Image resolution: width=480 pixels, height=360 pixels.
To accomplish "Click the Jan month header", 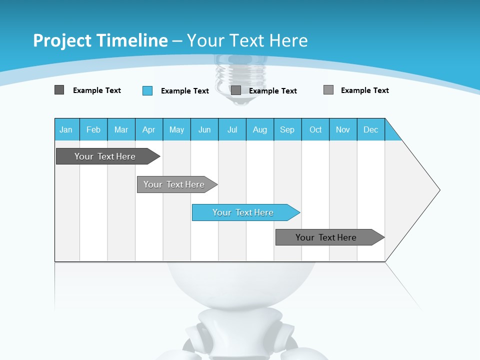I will pyautogui.click(x=66, y=129).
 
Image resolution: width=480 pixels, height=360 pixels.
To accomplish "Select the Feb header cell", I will pyautogui.click(x=93, y=129).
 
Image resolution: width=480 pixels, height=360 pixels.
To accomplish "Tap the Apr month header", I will pyautogui.click(x=149, y=129).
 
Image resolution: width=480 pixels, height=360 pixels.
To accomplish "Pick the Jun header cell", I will pyautogui.click(x=204, y=129).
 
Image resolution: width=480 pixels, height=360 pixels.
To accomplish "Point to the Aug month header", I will pyautogui.click(x=260, y=129).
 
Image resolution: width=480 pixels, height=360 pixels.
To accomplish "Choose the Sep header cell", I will pyautogui.click(x=287, y=129).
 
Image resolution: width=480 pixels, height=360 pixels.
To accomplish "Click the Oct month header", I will pyautogui.click(x=315, y=129).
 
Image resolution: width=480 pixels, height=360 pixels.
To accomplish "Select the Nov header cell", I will pyautogui.click(x=343, y=129).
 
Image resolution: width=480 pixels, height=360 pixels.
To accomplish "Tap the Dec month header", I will pyautogui.click(x=371, y=129).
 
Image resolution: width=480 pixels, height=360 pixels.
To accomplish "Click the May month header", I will pyautogui.click(x=176, y=129).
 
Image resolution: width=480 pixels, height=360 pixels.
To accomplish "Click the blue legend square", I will pyautogui.click(x=147, y=90).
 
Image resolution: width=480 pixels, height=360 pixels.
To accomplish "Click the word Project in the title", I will pyautogui.click(x=63, y=40).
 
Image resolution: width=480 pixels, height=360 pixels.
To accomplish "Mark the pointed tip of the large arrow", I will pyautogui.click(x=439, y=190).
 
